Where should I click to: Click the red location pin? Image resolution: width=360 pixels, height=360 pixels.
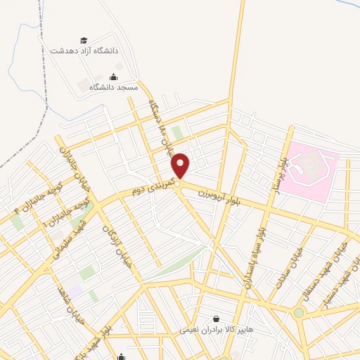click(181, 166)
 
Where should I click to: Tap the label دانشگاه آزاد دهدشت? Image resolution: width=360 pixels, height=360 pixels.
click(89, 51)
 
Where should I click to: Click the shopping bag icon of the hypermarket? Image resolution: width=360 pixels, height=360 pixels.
click(216, 318)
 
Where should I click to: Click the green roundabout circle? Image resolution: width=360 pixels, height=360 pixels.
click(299, 312)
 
